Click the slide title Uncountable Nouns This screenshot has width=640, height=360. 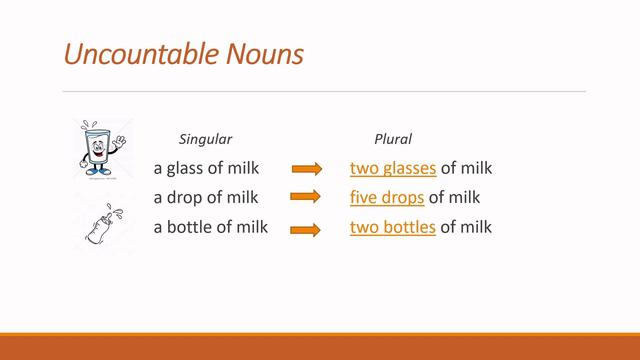tap(183, 52)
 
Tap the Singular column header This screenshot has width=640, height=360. tap(205, 139)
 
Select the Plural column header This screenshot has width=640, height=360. tap(392, 139)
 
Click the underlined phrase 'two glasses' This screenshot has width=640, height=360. tap(393, 168)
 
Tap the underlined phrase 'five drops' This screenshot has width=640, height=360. tap(387, 197)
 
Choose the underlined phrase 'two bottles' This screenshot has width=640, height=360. tap(393, 227)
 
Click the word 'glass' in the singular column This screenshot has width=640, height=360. tap(186, 168)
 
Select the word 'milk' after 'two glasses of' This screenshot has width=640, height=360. tap(476, 168)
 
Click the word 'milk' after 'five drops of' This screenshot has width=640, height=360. tap(464, 197)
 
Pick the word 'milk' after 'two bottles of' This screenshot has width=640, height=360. tap(476, 227)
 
